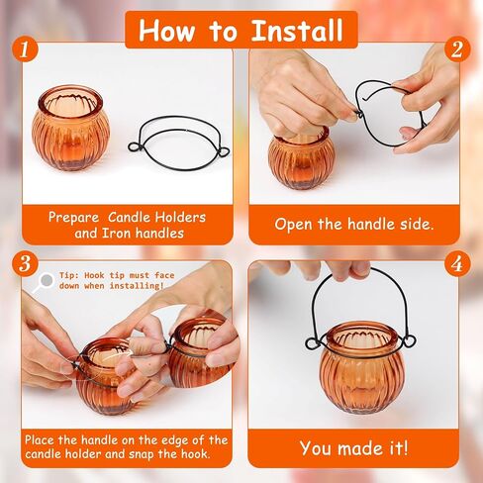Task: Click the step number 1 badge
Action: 26,49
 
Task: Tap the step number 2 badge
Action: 457,49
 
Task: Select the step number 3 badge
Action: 26,263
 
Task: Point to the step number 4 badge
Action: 457,263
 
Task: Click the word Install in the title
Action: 297,31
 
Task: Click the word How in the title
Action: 166,31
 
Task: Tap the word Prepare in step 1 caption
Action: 73,218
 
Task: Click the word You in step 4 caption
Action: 315,448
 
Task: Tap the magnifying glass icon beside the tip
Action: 44,282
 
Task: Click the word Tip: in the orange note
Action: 69,275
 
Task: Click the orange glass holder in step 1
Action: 70,128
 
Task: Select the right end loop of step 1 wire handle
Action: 224,152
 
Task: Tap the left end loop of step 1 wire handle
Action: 135,146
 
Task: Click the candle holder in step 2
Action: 301,160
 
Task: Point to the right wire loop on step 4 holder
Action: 409,340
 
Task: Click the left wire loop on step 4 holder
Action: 313,343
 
